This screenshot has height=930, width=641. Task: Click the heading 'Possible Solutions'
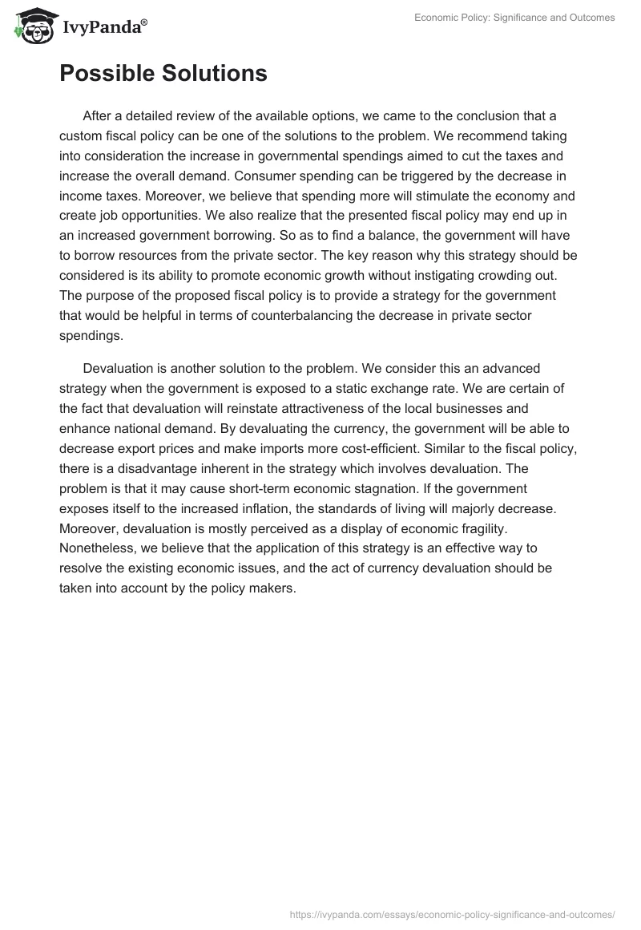(x=163, y=73)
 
